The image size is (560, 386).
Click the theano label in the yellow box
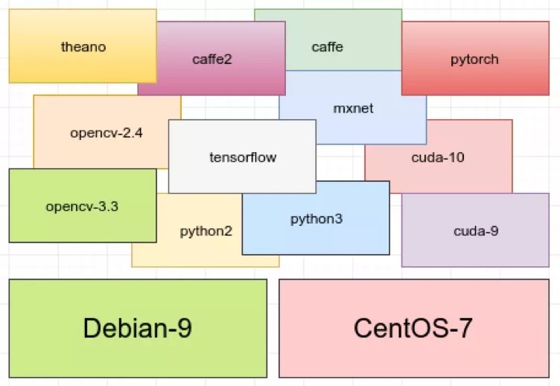click(x=83, y=47)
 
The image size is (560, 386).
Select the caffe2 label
click(x=212, y=59)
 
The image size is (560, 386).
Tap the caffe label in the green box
click(x=327, y=47)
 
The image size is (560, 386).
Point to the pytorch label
click(x=474, y=59)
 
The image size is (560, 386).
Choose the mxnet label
click(x=353, y=108)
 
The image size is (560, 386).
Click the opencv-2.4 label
click(x=106, y=133)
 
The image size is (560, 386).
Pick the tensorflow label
click(x=243, y=157)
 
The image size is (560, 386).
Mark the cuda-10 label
click(x=438, y=157)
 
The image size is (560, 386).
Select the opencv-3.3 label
click(x=82, y=206)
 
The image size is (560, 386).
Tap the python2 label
click(x=206, y=231)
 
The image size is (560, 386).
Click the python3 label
click(x=316, y=219)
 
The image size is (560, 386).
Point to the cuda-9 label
click(x=476, y=231)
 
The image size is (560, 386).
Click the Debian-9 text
click(x=138, y=329)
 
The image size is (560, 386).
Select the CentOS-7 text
click(x=413, y=329)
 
